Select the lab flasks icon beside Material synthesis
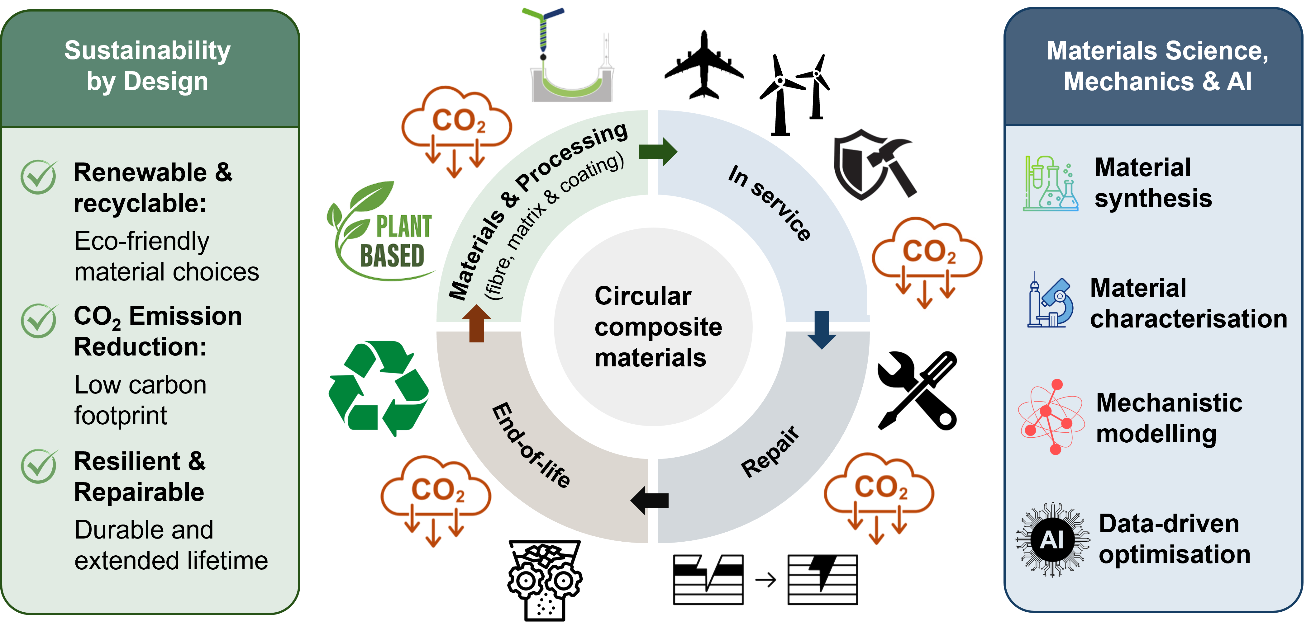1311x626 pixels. pos(1050,184)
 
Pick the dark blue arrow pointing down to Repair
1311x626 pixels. pos(822,330)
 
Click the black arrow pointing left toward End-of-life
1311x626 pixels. pos(649,500)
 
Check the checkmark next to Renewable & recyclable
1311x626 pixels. pos(39,177)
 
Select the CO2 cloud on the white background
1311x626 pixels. pos(926,263)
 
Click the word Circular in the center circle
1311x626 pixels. pos(643,296)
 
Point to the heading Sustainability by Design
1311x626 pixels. pos(148,66)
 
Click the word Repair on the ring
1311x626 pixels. pos(770,452)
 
